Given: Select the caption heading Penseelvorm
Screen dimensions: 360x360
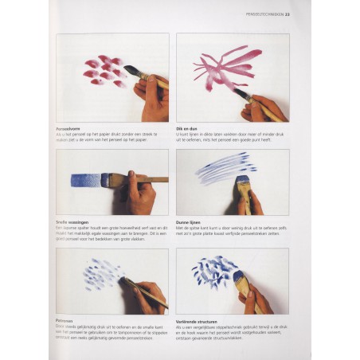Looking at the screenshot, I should coord(72,127).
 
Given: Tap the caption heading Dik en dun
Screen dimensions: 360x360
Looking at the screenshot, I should coord(187,127).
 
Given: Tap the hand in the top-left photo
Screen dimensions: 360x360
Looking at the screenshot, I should coord(154,98).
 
